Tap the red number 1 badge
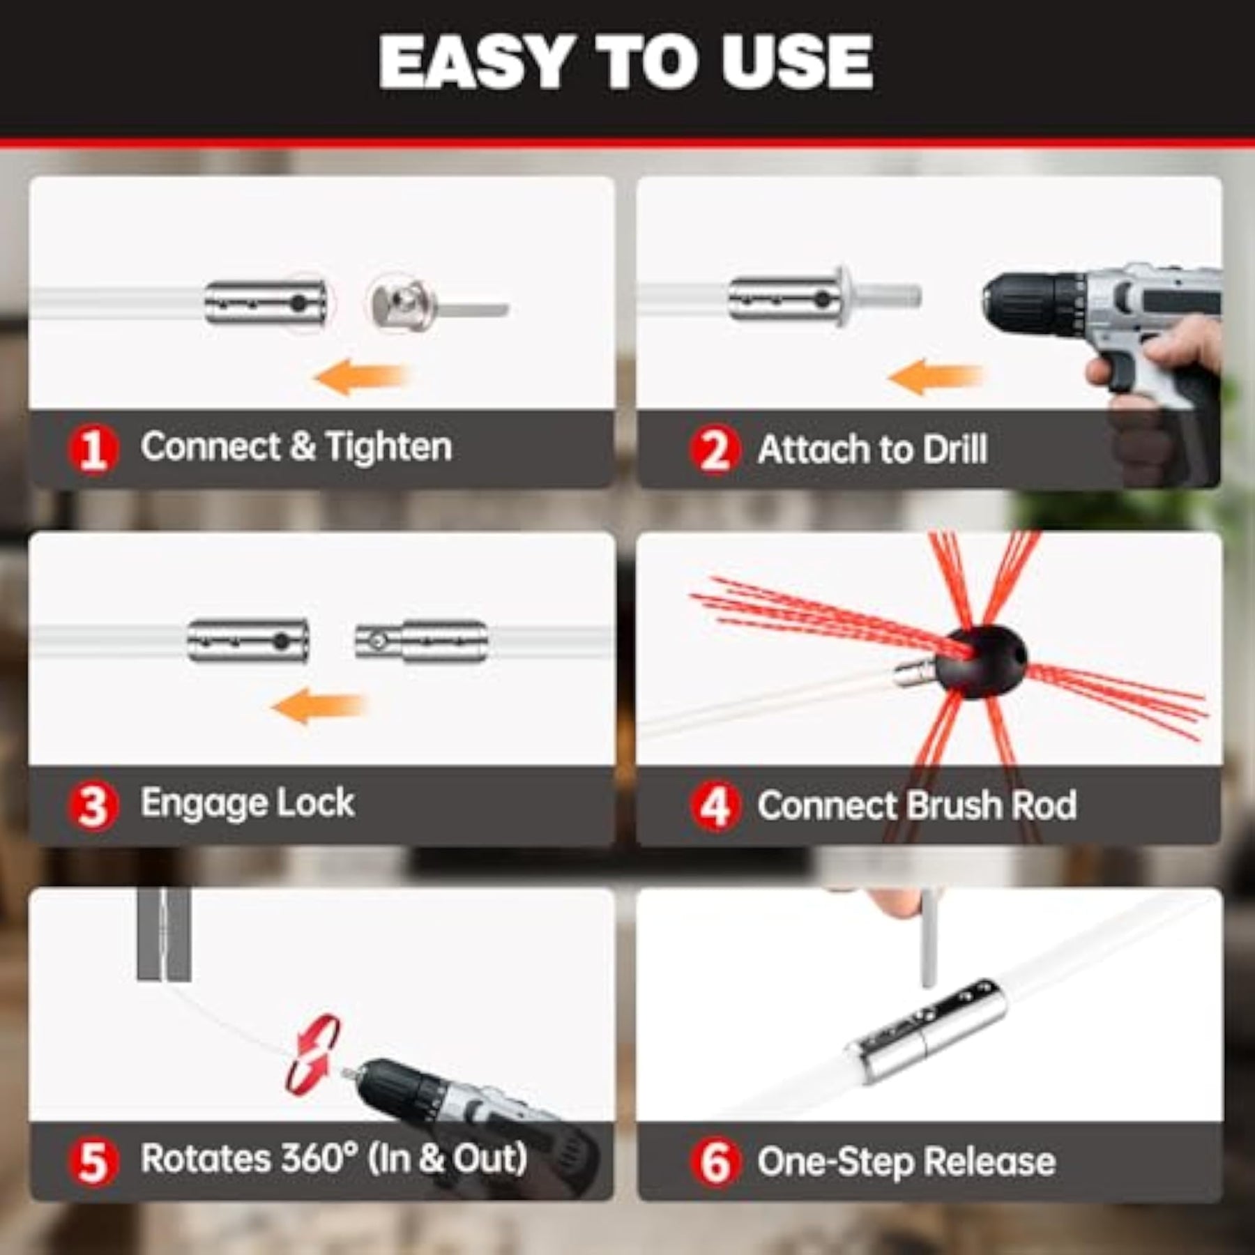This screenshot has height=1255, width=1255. pyautogui.click(x=93, y=450)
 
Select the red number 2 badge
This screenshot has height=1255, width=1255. pyautogui.click(x=715, y=450)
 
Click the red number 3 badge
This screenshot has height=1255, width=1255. pyautogui.click(x=93, y=807)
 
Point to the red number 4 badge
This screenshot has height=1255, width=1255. pyautogui.click(x=715, y=807)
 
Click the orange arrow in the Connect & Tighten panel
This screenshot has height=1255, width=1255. pyautogui.click(x=361, y=377)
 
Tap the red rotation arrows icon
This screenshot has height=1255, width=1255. pyautogui.click(x=312, y=1054)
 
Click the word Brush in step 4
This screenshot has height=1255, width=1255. pyautogui.click(x=954, y=805)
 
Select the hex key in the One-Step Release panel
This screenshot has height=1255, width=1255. pyautogui.click(x=927, y=938)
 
